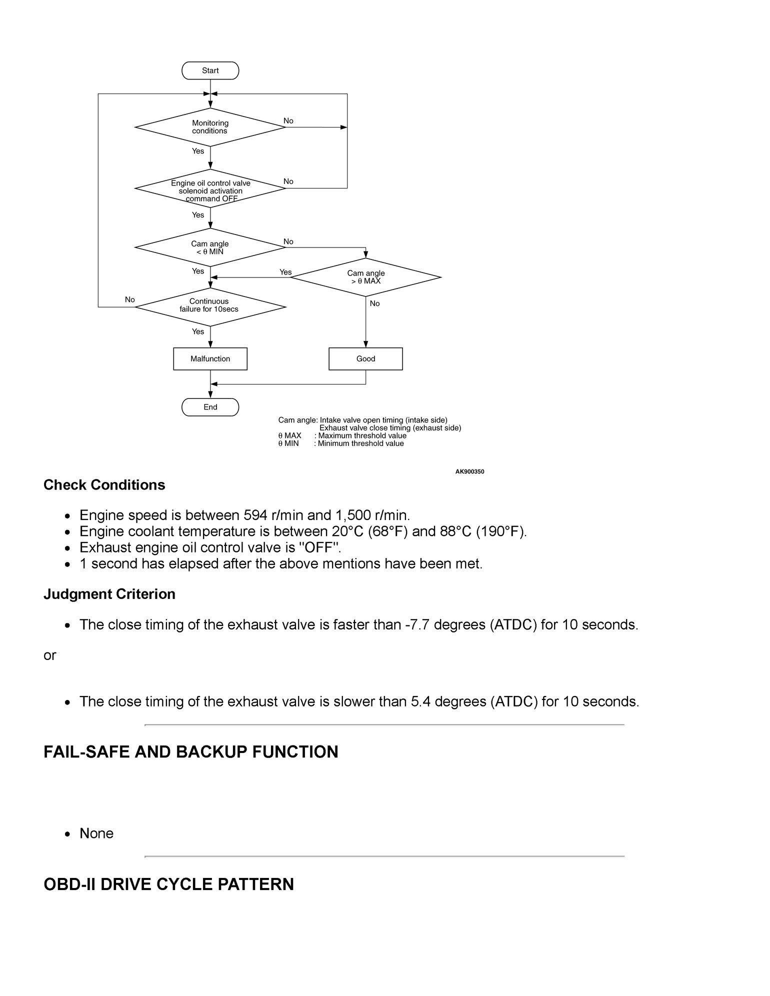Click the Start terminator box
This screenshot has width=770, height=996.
pyautogui.click(x=210, y=70)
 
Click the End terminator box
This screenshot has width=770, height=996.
pyautogui.click(x=210, y=407)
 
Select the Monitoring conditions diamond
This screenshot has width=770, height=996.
pyautogui.click(x=210, y=127)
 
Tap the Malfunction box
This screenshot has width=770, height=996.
pyautogui.click(x=210, y=358)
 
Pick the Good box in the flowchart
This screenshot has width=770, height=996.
pyautogui.click(x=365, y=358)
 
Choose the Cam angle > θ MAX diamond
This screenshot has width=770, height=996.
pyautogui.click(x=365, y=277)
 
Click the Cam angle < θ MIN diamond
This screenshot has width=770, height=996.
pyautogui.click(x=210, y=247)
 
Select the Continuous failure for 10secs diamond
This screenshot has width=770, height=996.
pyautogui.click(x=210, y=305)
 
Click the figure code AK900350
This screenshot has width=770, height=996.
pyautogui.click(x=469, y=471)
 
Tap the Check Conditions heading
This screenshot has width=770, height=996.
pyautogui.click(x=104, y=485)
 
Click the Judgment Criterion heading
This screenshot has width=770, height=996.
pyautogui.click(x=109, y=594)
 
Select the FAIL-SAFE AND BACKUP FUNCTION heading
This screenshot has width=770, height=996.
pyautogui.click(x=190, y=752)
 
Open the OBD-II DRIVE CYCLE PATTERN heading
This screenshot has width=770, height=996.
pyautogui.click(x=168, y=884)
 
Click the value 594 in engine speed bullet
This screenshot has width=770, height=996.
pyautogui.click(x=256, y=515)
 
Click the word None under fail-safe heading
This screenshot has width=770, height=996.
pyautogui.click(x=96, y=833)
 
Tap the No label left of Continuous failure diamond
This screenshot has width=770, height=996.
pyautogui.click(x=129, y=299)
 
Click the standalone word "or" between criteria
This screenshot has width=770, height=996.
pyautogui.click(x=49, y=655)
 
